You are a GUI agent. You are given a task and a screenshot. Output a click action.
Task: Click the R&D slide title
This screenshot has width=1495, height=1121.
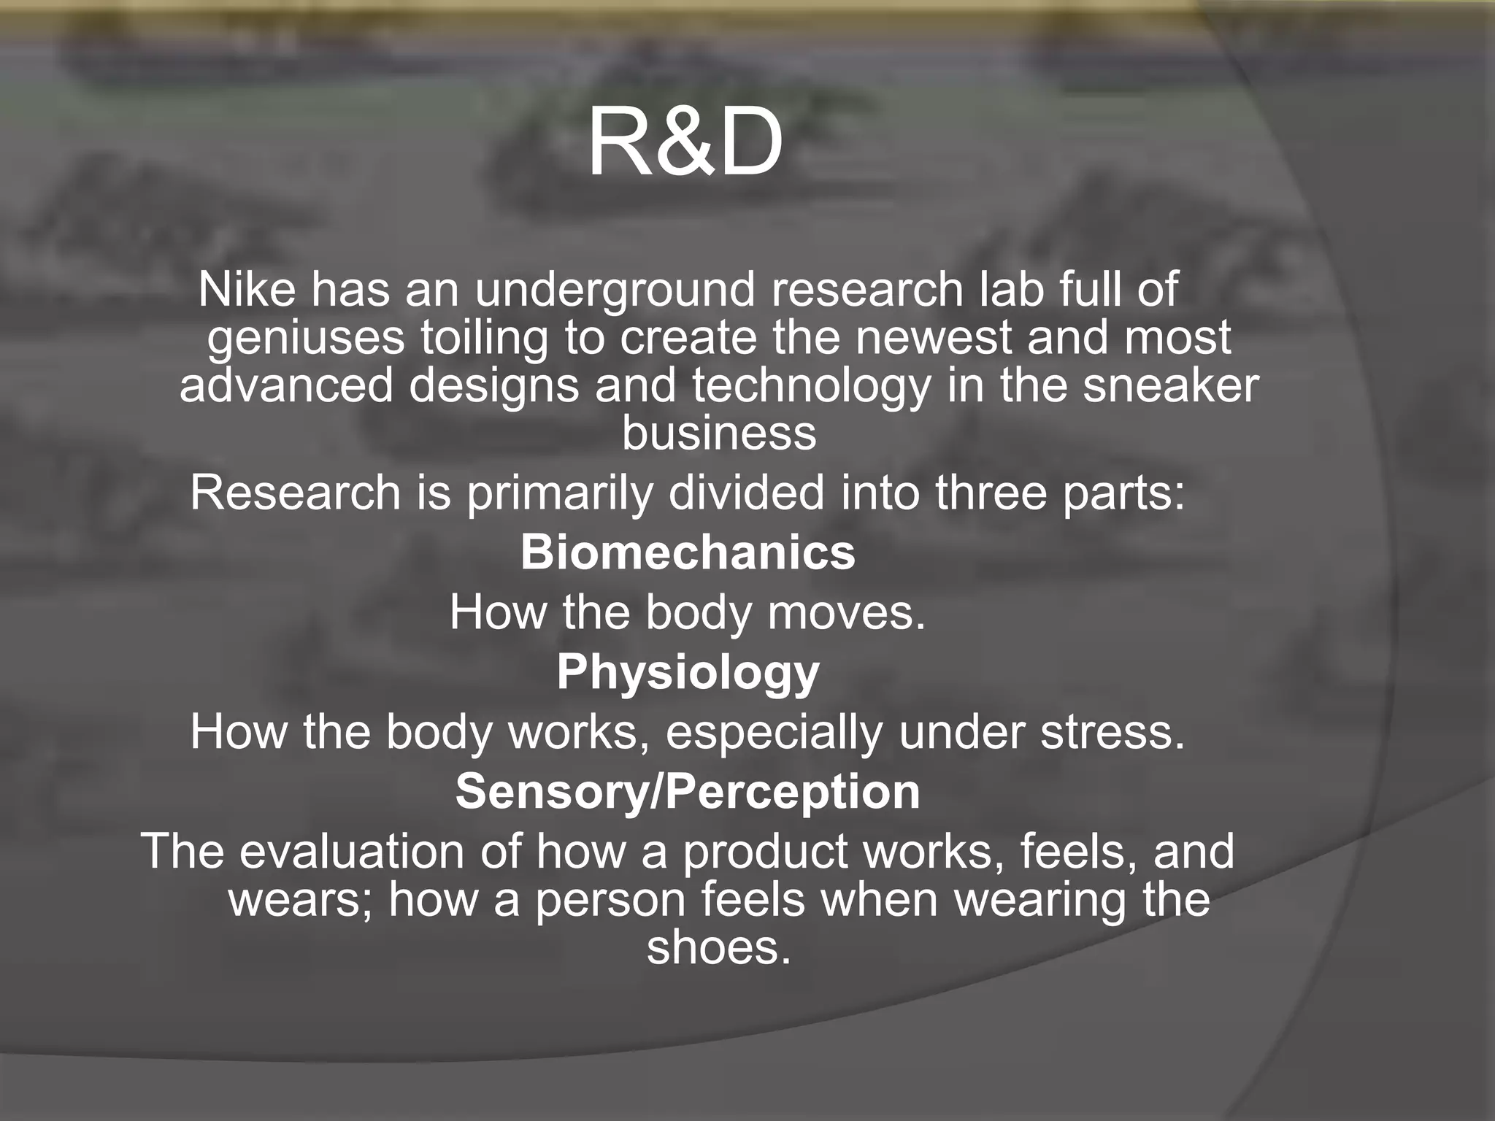[685, 142]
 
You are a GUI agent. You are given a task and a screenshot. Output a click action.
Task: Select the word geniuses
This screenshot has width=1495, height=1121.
[305, 339]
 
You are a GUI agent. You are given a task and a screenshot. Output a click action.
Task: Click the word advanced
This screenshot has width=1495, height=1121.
[286, 385]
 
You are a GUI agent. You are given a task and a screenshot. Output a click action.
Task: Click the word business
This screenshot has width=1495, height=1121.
[719, 434]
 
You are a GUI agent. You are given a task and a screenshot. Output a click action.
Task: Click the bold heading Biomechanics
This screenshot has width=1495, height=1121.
[688, 552]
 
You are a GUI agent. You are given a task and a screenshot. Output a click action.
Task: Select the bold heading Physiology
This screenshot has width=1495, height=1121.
[688, 673]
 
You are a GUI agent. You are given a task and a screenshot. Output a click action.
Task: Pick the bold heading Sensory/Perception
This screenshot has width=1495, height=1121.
[688, 792]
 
